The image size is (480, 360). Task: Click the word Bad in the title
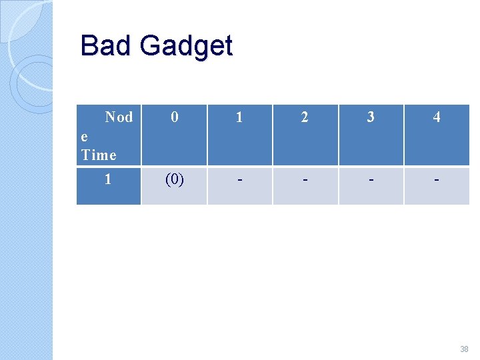point(107,46)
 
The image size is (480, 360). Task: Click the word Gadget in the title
point(186,47)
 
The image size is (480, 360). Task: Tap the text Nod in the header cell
point(119,117)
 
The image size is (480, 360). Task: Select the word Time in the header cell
point(99,155)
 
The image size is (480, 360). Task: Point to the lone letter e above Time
point(84,137)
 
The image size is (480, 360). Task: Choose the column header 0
point(174,117)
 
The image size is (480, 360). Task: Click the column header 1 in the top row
point(239,117)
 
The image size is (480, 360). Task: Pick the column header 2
point(305,117)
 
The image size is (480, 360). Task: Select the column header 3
point(371,117)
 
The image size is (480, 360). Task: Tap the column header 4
point(437,117)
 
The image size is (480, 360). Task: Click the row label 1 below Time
point(108,180)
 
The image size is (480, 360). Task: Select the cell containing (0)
point(174,180)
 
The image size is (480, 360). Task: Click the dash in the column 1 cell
point(239,181)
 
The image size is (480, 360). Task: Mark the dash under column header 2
point(305,181)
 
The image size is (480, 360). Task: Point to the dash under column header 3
point(371,181)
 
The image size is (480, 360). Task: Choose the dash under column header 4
point(437,181)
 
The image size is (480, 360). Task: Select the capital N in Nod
point(110,117)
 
